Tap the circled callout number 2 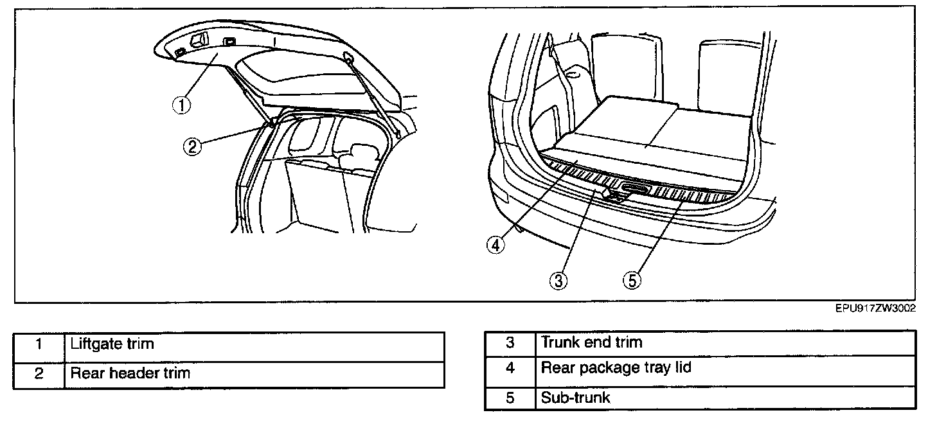coord(192,146)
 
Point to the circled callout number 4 coord(495,245)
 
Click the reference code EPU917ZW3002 coord(875,309)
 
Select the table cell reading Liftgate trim coord(254,345)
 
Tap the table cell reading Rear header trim coord(254,373)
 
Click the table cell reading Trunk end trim coord(725,343)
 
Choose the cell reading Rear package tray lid coord(725,369)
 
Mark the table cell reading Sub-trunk coord(725,398)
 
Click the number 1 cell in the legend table coord(39,345)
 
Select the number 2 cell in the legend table coord(39,374)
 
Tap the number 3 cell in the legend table coord(510,343)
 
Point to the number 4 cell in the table coord(510,369)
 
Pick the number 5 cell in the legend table coord(510,398)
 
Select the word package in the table coord(605,369)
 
